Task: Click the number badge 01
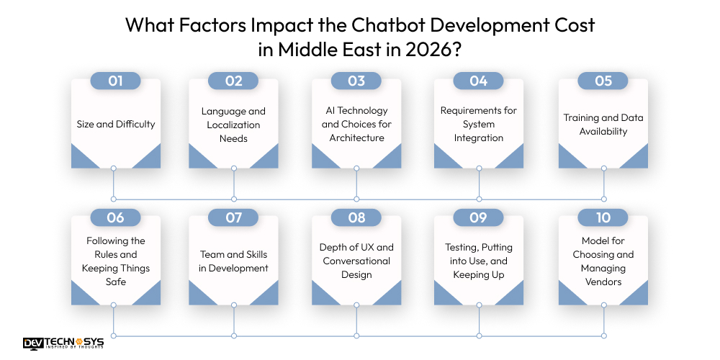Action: click(x=115, y=81)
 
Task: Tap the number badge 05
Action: click(x=603, y=81)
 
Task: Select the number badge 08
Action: click(x=356, y=217)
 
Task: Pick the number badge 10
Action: click(x=603, y=217)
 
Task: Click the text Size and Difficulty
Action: click(x=116, y=124)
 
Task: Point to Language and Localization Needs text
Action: click(x=233, y=125)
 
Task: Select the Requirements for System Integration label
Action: click(x=479, y=125)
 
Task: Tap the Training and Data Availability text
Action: click(x=603, y=125)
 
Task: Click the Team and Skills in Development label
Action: click(x=233, y=261)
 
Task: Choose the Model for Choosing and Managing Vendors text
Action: click(x=603, y=261)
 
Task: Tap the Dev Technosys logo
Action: click(x=63, y=343)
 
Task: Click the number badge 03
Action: click(x=356, y=81)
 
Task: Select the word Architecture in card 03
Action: click(x=356, y=138)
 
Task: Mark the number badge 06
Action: click(x=115, y=217)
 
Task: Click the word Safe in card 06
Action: click(x=116, y=282)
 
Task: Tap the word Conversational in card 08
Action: click(x=356, y=261)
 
